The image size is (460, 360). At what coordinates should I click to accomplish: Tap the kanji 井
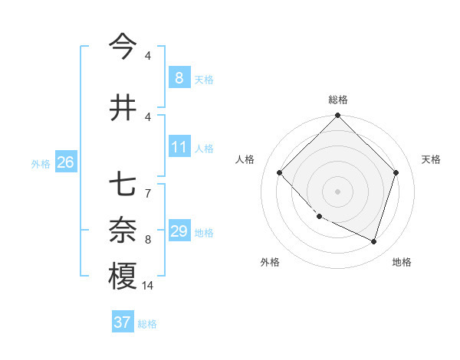coord(123,107)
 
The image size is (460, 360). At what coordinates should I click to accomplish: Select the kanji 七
coord(123,185)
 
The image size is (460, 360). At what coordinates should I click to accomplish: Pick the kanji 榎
coord(123,276)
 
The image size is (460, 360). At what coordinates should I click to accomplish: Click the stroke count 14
coord(148,286)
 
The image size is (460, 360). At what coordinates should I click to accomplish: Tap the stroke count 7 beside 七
coord(148,193)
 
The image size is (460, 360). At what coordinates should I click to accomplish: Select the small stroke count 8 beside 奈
coord(148,240)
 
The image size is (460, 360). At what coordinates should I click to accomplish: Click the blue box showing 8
coord(179,77)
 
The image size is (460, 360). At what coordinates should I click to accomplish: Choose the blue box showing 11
coord(179,147)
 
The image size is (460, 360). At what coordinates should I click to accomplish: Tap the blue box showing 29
coord(179,231)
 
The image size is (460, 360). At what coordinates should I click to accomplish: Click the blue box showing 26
coord(65,162)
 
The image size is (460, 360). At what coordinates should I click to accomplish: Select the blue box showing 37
coord(122,322)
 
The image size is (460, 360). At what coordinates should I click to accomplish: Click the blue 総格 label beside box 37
coord(147,324)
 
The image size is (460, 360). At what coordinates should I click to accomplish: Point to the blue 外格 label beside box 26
coord(41,163)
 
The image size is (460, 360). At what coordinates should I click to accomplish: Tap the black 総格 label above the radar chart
coord(337,100)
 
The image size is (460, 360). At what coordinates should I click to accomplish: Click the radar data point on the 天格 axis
coord(396,172)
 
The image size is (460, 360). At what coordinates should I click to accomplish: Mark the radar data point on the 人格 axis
coord(280,172)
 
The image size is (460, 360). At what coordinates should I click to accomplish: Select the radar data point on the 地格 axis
coord(373,241)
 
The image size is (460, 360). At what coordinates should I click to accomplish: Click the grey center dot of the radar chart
coord(337,191)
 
